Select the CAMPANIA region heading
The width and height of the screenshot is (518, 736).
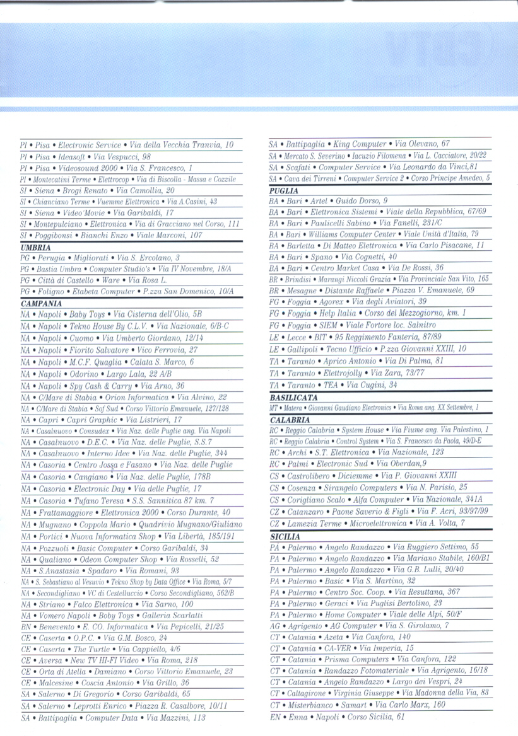coord(38,303)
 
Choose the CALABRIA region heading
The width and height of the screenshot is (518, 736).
coord(289,419)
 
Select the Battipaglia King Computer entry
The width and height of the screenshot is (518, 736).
coord(359,144)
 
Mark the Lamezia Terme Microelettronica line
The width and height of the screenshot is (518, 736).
coord(367,523)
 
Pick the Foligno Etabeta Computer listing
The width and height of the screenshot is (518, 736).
coord(126,292)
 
